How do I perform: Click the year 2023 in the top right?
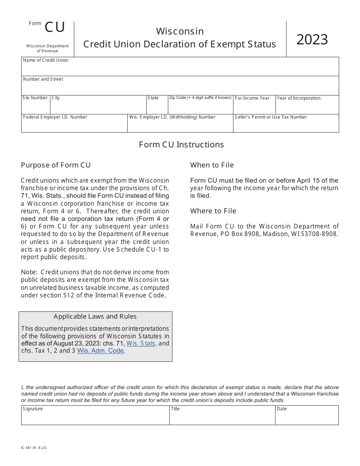(x=312, y=40)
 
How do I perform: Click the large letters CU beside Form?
(x=55, y=28)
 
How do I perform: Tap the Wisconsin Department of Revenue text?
(x=47, y=48)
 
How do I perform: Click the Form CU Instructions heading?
(x=181, y=145)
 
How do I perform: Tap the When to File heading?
(x=212, y=165)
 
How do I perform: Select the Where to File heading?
(x=213, y=211)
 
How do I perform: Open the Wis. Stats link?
(x=141, y=344)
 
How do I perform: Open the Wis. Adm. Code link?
(x=100, y=351)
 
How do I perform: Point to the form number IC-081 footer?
(x=34, y=448)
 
